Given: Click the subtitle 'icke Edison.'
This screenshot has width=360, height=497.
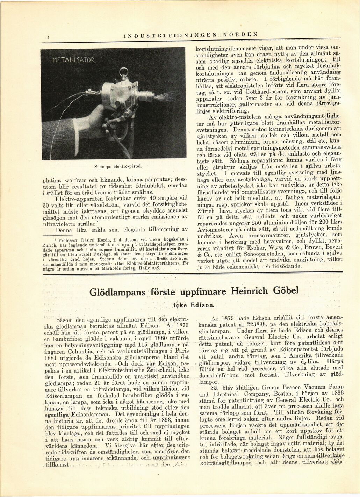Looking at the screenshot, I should [x=194, y=305].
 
